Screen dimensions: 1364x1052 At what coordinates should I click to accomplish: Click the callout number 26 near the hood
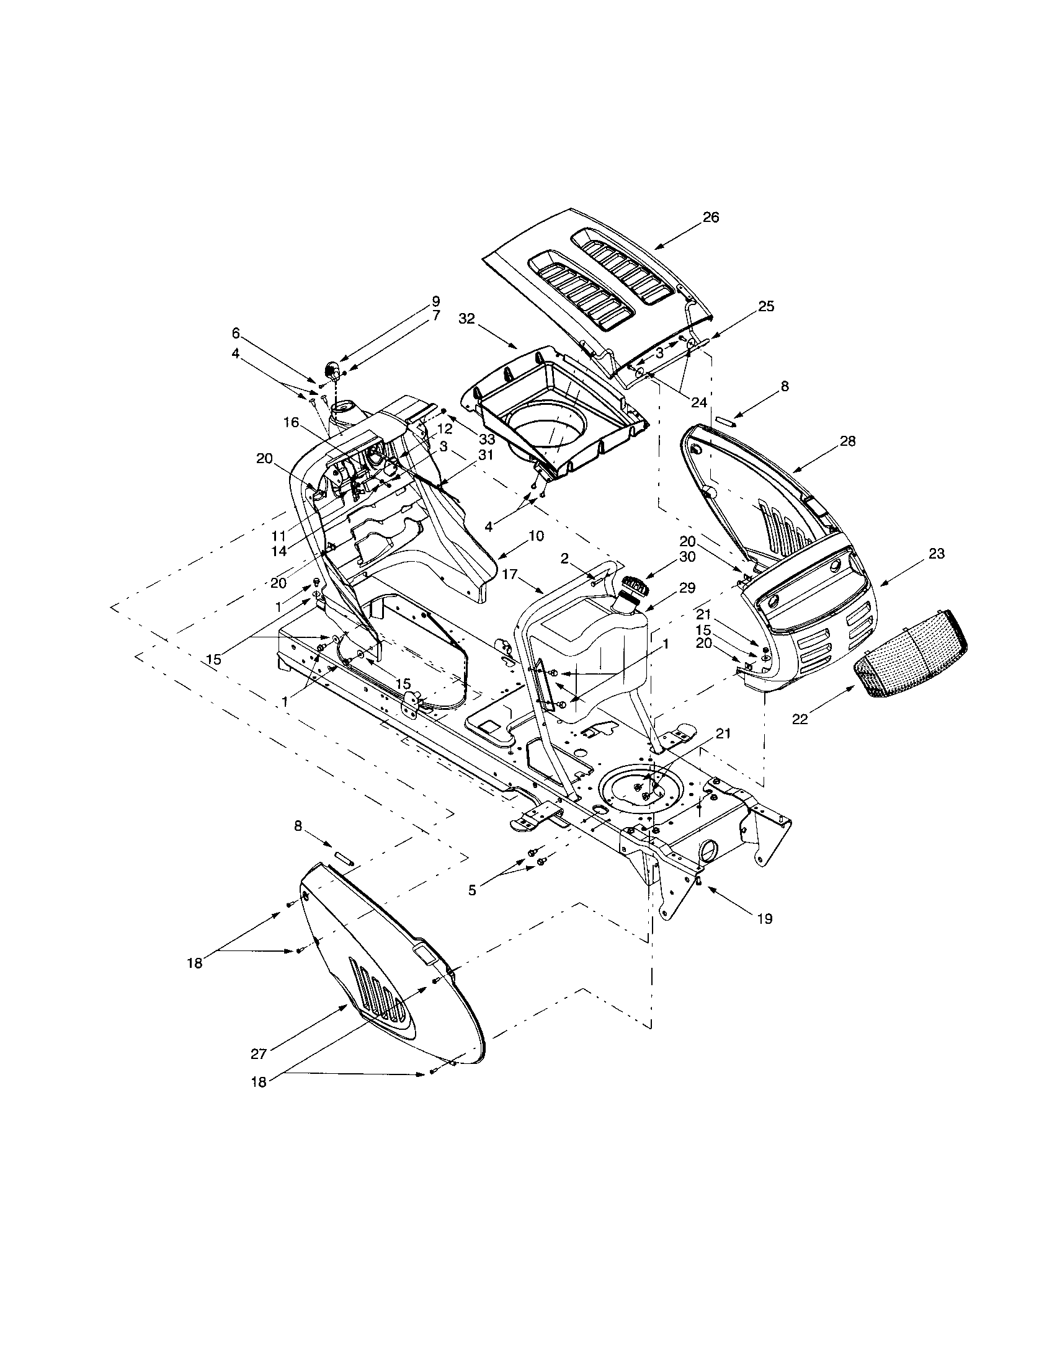coord(711,218)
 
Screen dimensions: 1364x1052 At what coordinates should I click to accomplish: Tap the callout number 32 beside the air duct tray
coord(466,319)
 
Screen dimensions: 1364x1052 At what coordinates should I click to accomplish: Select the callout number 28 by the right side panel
coord(848,441)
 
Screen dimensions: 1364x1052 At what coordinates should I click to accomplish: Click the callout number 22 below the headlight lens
coord(800,719)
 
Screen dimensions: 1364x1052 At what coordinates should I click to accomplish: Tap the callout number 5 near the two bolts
coord(472,890)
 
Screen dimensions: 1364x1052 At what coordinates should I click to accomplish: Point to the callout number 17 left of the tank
coord(510,573)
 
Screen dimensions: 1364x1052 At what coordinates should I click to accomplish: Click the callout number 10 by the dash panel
coord(536,536)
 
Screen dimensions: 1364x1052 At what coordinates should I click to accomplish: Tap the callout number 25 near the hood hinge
coord(766,306)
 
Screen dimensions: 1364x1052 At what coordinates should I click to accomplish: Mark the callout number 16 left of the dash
coord(292,423)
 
